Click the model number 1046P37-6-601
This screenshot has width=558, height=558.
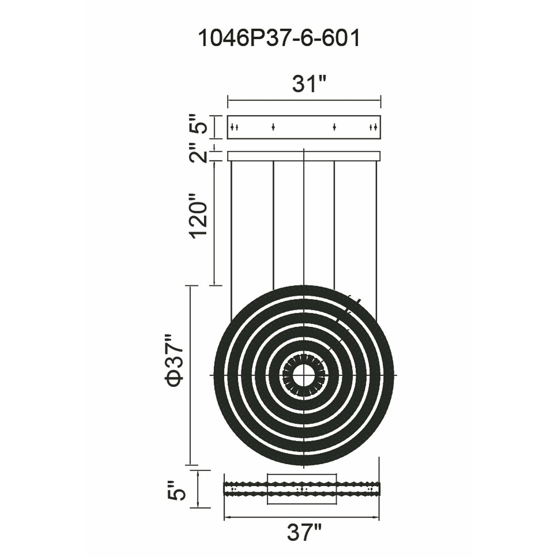(279, 39)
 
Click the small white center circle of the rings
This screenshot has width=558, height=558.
(304, 375)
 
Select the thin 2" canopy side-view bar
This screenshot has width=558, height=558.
(304, 156)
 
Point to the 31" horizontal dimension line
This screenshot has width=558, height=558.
(304, 100)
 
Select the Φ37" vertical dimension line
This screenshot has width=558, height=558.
(190, 376)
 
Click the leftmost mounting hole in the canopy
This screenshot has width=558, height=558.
(232, 127)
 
